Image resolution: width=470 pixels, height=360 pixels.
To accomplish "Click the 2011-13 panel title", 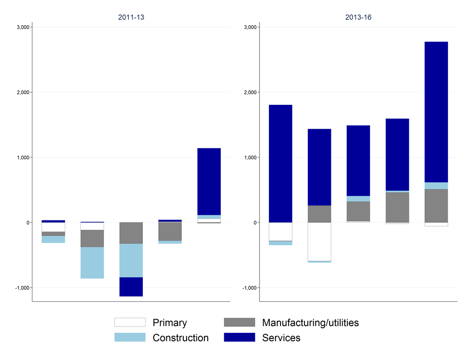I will [x=131, y=17].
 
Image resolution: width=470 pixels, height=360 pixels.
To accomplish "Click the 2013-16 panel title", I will [x=358, y=17].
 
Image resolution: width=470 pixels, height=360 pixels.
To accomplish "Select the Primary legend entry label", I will [x=170, y=323].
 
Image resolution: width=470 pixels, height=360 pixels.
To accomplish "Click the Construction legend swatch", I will [x=130, y=337].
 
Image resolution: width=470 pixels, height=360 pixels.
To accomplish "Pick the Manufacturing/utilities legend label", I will [x=310, y=323].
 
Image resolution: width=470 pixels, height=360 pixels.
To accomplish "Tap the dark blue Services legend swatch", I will [x=240, y=337].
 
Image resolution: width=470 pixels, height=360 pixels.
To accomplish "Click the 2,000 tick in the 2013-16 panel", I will [x=250, y=92].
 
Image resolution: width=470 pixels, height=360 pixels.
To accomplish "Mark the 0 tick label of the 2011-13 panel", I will [x=27, y=222].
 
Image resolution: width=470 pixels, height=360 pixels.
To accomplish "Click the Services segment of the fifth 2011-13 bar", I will [x=209, y=181].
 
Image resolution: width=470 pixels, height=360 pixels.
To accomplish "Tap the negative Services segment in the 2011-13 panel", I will [x=131, y=287].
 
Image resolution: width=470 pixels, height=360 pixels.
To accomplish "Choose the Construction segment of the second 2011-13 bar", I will [x=92, y=262].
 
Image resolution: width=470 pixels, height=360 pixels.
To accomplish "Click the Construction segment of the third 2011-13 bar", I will [x=131, y=260].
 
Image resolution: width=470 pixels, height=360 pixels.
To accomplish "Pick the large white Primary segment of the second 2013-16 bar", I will [x=320, y=242].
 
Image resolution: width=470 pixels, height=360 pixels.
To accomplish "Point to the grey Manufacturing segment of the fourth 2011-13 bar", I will [x=170, y=231].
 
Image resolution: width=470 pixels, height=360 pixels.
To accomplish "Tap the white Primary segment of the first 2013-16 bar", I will [x=281, y=231].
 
